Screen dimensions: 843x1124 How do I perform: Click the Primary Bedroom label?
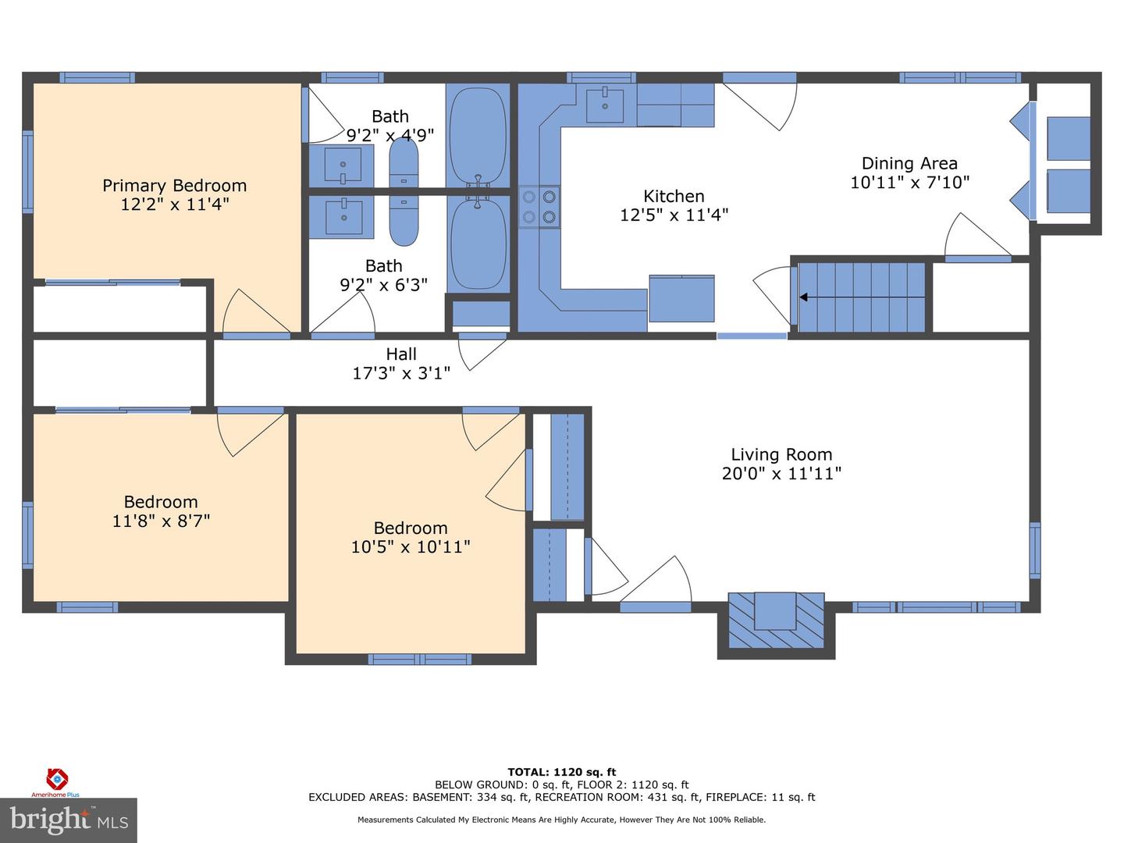pos(174,186)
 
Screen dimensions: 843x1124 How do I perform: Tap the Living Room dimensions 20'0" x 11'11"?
pos(781,473)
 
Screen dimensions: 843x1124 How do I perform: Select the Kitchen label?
pos(674,197)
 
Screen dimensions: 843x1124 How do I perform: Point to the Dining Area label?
pos(909,164)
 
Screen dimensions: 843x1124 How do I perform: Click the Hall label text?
pos(401,354)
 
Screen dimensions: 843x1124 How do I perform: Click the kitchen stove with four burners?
pos(539,207)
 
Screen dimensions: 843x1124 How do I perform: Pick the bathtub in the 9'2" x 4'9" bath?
pos(478,134)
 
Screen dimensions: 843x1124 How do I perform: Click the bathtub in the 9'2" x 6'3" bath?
pos(478,244)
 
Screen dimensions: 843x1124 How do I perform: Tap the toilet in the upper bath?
pos(404,162)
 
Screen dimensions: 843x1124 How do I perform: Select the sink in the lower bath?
pos(343,215)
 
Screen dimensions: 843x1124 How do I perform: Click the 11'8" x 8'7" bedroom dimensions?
pos(161,521)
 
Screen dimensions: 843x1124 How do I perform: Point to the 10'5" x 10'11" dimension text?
pos(411,547)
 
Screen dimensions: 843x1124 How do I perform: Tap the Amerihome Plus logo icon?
pos(56,778)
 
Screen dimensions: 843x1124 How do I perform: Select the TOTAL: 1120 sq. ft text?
pos(562,773)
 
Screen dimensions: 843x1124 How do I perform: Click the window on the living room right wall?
pos(1035,550)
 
